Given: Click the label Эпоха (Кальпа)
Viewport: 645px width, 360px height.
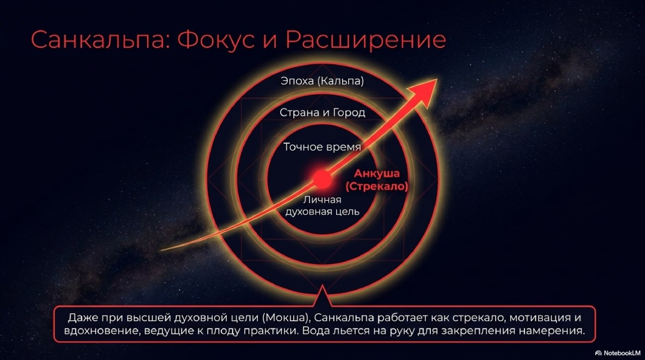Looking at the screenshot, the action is (x=322, y=81).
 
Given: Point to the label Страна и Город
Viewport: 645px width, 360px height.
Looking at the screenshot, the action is (x=322, y=112).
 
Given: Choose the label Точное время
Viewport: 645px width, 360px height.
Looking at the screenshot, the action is (x=322, y=147).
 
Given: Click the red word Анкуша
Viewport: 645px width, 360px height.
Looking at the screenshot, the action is (x=376, y=173).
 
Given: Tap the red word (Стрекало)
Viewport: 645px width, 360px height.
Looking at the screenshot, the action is (x=376, y=187).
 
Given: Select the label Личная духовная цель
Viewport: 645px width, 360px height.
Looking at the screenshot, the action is (x=322, y=206).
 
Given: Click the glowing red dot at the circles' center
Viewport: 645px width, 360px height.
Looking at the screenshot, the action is (x=322, y=179).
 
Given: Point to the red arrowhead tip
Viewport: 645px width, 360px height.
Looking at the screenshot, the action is (x=437, y=79).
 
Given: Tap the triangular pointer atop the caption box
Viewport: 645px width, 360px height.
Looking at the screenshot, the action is (x=322, y=296).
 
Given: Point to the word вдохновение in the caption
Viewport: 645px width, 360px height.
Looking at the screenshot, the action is (x=102, y=331).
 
